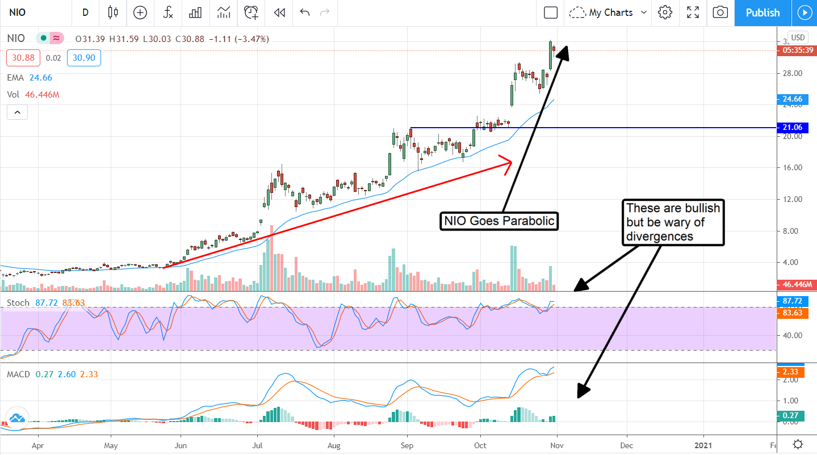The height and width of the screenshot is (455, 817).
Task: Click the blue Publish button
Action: coord(762,12)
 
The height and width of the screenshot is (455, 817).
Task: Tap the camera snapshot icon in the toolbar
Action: coord(720,12)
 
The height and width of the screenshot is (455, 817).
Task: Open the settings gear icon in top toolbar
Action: coord(665,12)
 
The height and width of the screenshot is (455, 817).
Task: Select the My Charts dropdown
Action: coord(609,12)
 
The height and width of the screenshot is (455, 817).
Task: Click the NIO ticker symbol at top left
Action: coord(17,12)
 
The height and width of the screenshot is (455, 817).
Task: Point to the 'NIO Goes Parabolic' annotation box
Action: coord(499,221)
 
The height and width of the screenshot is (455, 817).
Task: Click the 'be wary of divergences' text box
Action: coord(673,222)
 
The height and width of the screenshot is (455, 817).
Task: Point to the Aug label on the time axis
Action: coord(334,445)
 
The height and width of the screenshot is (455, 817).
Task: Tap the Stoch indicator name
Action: coord(18,303)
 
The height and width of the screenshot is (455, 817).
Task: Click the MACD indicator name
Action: coord(19,374)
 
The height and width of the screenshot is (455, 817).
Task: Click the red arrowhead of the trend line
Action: coord(507,162)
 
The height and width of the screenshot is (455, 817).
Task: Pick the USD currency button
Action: coord(798,37)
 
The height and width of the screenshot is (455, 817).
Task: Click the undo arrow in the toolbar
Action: coord(305,12)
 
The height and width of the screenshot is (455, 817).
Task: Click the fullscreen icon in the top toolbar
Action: coord(693,12)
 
